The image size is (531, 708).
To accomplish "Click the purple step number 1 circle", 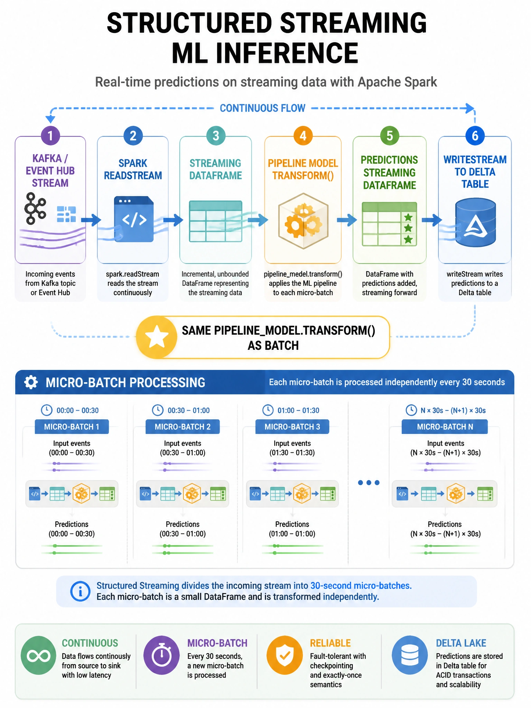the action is (x=50, y=136).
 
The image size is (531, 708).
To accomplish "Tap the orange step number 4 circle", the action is (x=303, y=136).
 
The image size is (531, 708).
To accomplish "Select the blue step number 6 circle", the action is (x=475, y=136).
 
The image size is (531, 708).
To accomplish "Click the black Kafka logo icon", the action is (x=35, y=208).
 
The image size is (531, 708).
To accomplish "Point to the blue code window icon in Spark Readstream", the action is (x=134, y=219).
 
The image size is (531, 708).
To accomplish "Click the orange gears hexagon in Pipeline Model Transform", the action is (x=303, y=221).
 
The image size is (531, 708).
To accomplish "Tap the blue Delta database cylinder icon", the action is (x=476, y=222).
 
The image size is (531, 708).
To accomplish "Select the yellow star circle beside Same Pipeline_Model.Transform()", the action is (x=157, y=337).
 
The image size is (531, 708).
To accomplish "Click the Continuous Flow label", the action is (x=262, y=108).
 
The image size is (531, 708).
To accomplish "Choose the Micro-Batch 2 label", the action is (x=183, y=427).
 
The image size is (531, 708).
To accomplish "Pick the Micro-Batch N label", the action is (x=445, y=427).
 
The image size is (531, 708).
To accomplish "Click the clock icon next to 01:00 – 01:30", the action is (x=268, y=410).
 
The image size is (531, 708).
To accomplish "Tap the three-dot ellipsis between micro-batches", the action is (x=369, y=483).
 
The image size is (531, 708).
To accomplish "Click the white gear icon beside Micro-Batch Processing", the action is (x=31, y=382).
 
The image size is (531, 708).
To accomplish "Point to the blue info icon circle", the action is (x=80, y=591).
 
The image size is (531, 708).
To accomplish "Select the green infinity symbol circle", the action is (x=38, y=655).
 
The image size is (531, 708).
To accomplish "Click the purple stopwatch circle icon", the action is (x=161, y=655).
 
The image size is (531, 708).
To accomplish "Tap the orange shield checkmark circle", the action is (x=285, y=655).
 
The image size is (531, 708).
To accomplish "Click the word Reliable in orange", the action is (x=330, y=643).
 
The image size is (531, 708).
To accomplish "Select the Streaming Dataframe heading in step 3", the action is (x=215, y=169).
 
